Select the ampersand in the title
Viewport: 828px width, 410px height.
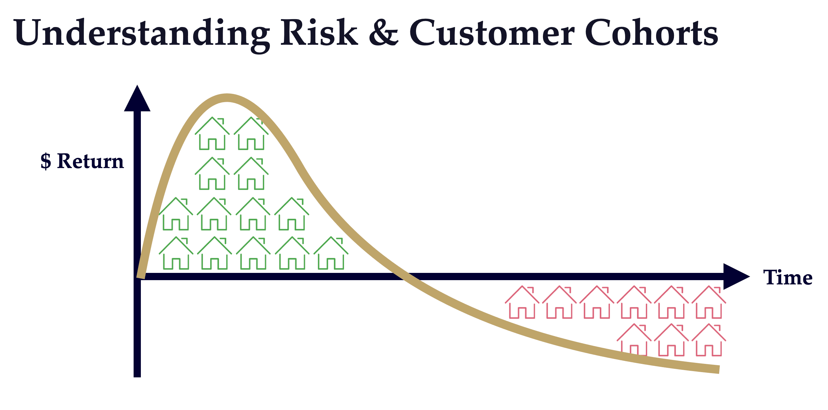point(384,33)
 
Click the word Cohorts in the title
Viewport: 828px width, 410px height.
point(652,33)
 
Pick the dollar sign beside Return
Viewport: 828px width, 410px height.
point(46,161)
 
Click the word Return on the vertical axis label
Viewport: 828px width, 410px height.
point(90,161)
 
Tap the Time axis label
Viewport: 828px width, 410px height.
point(788,278)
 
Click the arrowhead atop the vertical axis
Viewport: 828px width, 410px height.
point(137,99)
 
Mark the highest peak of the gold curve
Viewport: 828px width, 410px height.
point(227,98)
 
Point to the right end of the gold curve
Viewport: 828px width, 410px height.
point(717,369)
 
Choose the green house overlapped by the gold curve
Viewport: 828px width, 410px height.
point(251,133)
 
